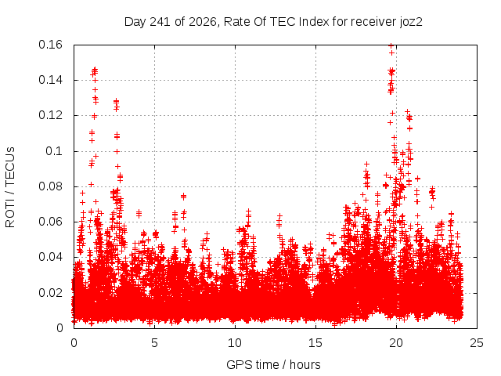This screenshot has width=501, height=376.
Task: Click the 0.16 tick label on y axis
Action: point(50,45)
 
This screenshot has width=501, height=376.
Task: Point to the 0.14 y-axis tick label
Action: point(50,80)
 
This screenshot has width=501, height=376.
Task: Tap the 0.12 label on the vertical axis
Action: point(50,115)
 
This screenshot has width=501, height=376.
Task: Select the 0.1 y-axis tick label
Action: point(54,151)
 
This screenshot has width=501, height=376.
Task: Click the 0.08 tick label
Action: point(50,186)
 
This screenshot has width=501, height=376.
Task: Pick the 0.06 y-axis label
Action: point(50,222)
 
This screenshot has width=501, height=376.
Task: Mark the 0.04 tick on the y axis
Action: point(50,257)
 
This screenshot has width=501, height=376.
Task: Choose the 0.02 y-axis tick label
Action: point(50,293)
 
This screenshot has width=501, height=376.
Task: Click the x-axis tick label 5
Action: point(155,343)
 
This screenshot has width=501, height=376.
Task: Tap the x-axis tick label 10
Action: point(235,343)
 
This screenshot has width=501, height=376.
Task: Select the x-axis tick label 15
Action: point(315,343)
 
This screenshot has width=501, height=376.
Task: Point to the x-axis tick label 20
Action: point(396,343)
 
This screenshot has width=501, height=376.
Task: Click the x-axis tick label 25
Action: point(477,343)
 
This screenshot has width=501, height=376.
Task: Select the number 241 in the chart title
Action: point(160,22)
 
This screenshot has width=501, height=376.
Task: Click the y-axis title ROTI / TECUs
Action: point(10,187)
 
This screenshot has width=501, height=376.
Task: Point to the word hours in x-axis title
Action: point(305,365)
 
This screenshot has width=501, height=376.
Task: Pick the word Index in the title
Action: point(314,22)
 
